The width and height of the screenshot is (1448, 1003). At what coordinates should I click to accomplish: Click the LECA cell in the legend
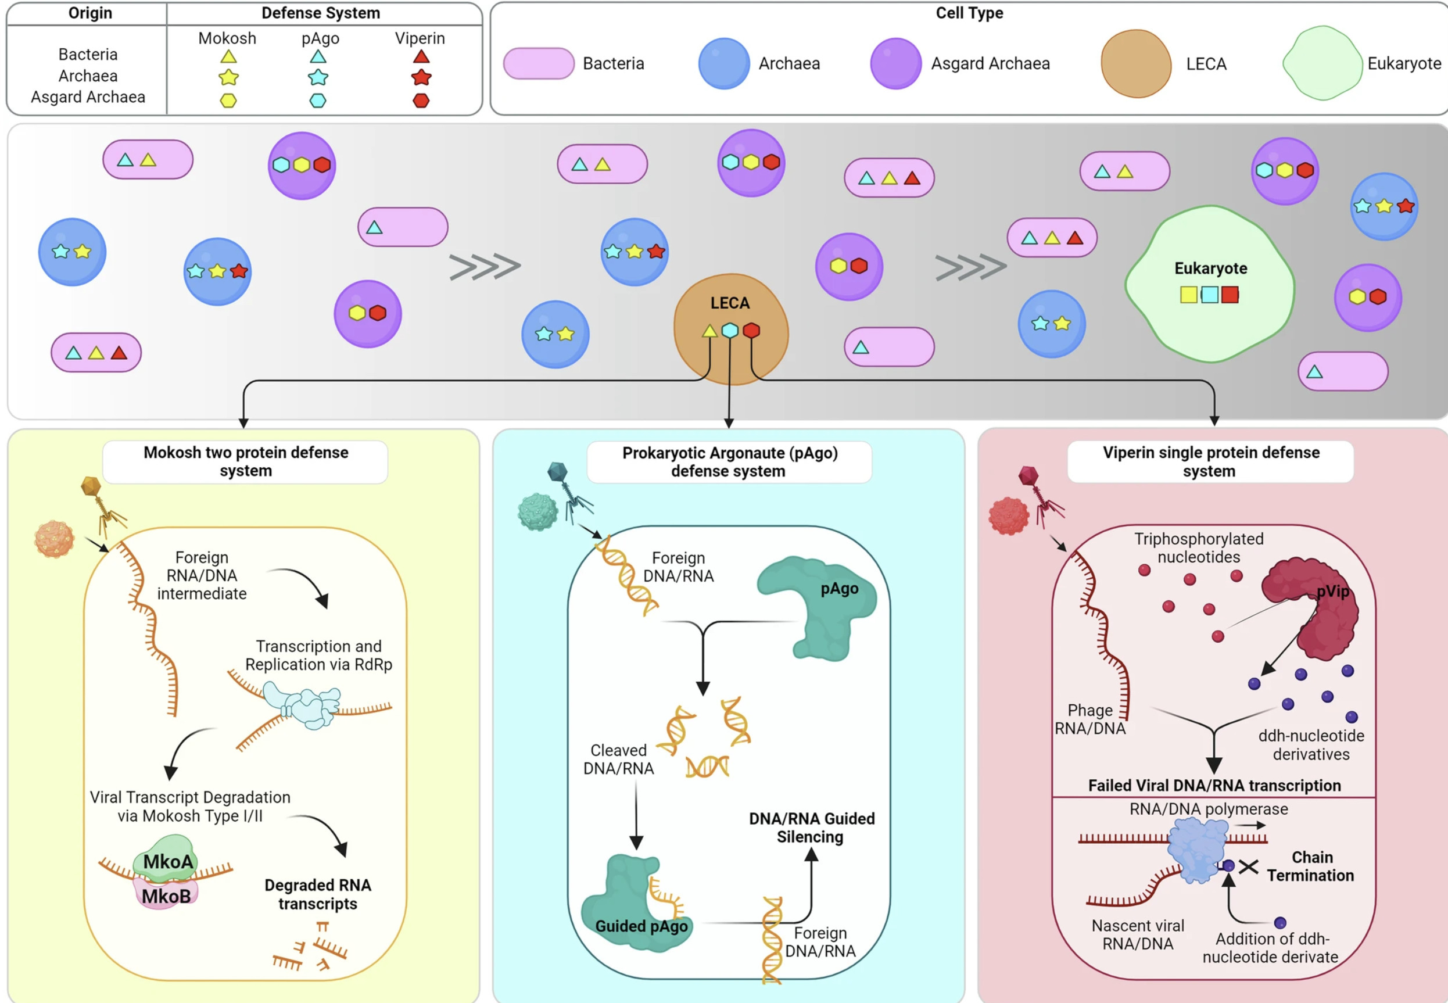coord(1135,63)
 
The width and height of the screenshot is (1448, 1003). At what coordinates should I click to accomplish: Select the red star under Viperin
coord(421,78)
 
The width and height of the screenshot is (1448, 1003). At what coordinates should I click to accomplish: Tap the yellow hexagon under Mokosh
coord(228,101)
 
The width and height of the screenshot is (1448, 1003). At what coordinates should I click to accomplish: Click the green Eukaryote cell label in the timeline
coord(1210,268)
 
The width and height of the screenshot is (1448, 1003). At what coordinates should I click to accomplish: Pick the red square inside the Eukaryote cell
coord(1230,295)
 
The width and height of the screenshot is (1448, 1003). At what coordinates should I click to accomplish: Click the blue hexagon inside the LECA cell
coord(729,331)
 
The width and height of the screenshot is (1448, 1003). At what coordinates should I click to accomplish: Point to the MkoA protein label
coord(168,861)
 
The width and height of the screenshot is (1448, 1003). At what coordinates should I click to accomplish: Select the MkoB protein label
coord(166,896)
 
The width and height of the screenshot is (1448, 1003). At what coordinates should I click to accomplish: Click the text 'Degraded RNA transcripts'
coord(317,894)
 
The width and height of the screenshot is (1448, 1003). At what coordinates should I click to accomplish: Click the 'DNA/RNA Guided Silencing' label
coord(811,828)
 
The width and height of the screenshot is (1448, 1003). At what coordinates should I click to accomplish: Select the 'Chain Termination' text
coord(1310,866)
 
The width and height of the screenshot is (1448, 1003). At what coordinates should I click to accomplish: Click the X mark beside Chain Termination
coord(1248,867)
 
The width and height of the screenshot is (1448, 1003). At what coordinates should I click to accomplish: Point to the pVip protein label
coord(1332,592)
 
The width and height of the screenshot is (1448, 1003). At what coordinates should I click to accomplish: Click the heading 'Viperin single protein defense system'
coord(1210,462)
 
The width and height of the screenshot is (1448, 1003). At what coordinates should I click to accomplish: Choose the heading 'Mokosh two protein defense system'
coord(246,462)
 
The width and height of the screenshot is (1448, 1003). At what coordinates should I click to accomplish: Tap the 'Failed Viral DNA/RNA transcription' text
coord(1214,786)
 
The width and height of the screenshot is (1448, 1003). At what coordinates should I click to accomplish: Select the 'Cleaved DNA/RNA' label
coord(618,759)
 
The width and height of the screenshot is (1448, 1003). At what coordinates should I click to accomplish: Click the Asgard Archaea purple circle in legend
coord(895,63)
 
